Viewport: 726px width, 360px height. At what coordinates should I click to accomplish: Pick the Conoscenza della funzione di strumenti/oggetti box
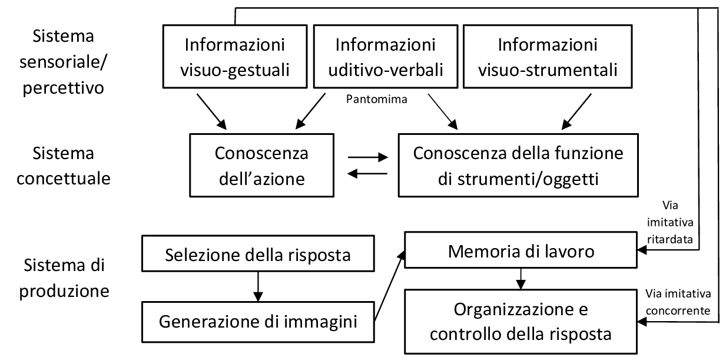click(x=518, y=166)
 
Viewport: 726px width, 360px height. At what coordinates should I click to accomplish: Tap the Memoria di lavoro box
click(x=521, y=252)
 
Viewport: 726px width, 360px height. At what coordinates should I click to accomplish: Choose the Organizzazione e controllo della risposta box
click(x=521, y=321)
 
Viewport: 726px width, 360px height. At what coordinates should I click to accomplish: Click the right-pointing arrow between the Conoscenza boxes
click(x=368, y=158)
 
